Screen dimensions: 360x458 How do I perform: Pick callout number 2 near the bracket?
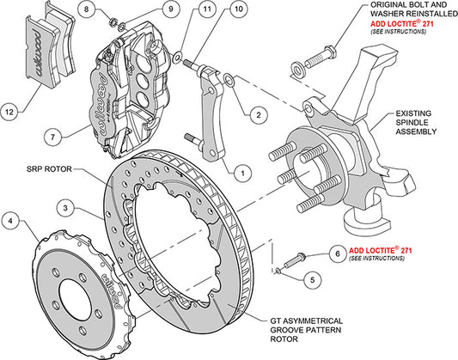[x=256, y=112]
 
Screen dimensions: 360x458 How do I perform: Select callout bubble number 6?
[x=337, y=255]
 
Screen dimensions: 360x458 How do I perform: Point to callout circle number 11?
[x=181, y=10]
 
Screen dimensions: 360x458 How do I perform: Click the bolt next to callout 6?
[x=291, y=256]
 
